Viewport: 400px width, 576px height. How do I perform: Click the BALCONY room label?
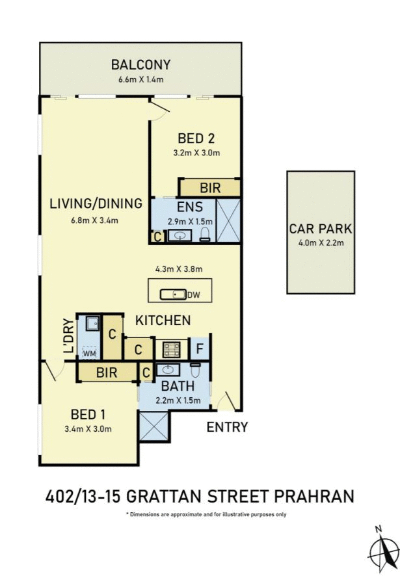pos(140,65)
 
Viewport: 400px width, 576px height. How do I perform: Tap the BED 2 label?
pos(196,138)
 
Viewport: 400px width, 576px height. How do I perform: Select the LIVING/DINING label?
pos(96,203)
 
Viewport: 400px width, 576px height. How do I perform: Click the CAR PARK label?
pos(321,229)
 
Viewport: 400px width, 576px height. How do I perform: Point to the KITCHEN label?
pos(163,320)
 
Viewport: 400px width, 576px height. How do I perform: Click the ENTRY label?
pos(227,427)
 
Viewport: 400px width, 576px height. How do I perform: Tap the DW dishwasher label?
pos(193,295)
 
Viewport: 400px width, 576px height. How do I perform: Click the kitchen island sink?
pos(174,295)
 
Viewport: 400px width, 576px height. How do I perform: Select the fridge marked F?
pos(200,348)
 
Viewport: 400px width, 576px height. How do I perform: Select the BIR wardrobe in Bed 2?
pos(210,189)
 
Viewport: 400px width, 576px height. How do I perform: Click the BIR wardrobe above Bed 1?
pos(107,373)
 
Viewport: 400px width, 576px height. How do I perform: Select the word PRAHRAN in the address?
pos(315,497)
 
